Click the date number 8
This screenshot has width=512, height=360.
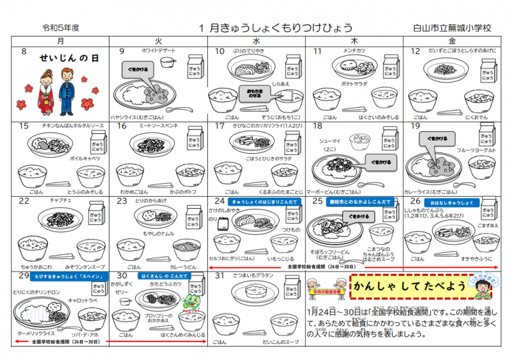pyautogui.click(x=24, y=51)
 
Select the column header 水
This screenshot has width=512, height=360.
pyautogui.click(x=256, y=40)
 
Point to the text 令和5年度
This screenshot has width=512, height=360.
pyautogui.click(x=61, y=28)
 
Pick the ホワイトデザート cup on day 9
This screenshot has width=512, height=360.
pyautogui.click(x=168, y=61)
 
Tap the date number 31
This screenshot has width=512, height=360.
pyautogui.click(x=220, y=275)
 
